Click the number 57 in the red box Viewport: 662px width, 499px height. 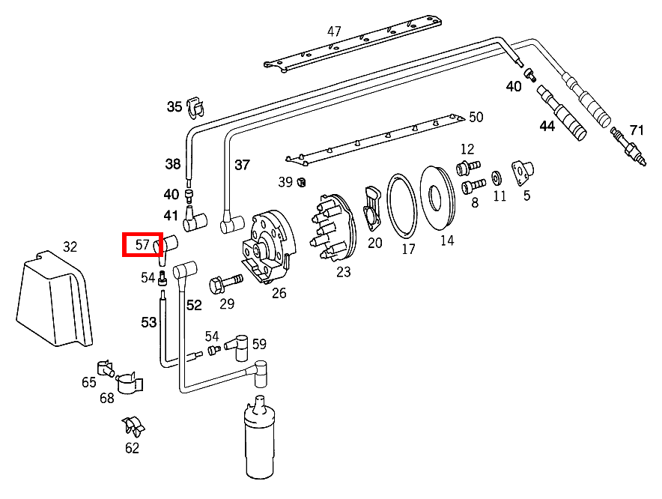(142, 244)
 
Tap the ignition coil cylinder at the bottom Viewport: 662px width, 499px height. (260, 446)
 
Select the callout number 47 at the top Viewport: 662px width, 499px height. (334, 31)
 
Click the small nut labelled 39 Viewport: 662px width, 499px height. (301, 181)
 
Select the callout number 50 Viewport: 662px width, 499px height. (476, 117)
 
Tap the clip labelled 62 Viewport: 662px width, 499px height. (133, 427)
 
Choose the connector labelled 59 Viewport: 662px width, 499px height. (238, 345)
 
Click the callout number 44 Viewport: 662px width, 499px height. (547, 127)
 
